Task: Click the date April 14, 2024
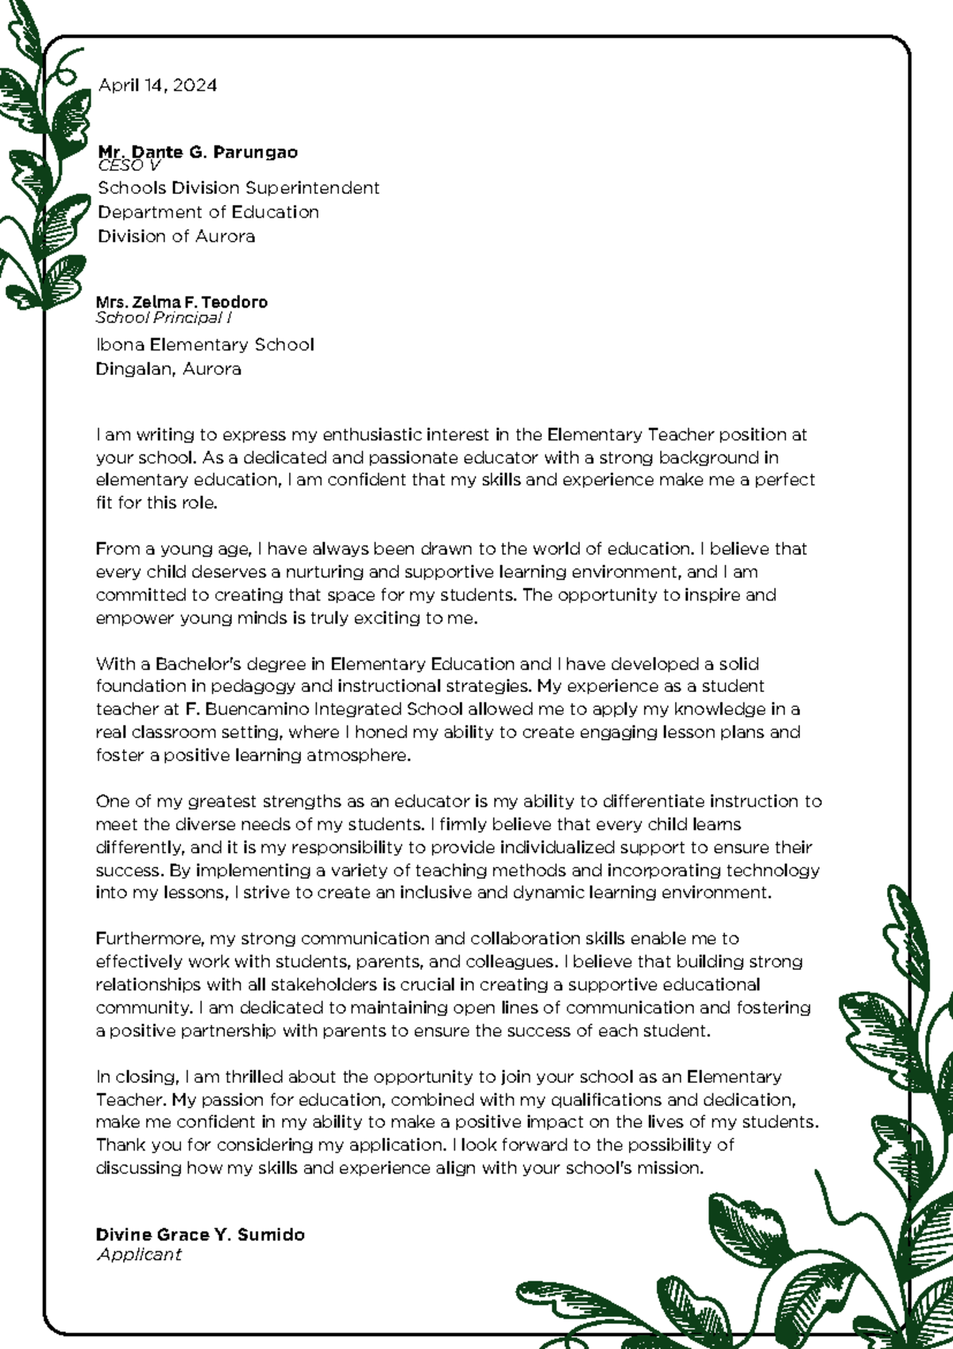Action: click(157, 86)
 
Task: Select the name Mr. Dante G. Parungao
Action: click(198, 151)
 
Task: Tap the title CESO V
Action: click(129, 165)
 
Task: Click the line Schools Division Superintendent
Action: click(238, 188)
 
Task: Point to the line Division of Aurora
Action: click(176, 237)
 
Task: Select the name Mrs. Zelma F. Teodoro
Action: click(181, 302)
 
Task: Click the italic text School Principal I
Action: click(163, 318)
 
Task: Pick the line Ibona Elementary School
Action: click(204, 345)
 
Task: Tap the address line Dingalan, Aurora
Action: click(168, 369)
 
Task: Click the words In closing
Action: click(137, 1077)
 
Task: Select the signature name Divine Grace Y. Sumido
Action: click(200, 1235)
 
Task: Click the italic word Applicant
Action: click(139, 1254)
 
